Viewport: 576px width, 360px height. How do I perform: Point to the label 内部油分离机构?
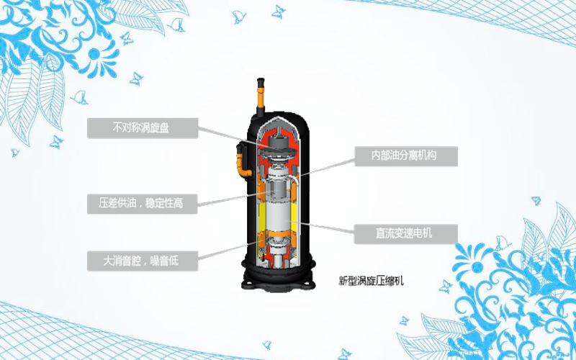pos(405,156)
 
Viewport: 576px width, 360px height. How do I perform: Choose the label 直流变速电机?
pos(405,233)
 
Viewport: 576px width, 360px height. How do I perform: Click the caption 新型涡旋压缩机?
pos(371,281)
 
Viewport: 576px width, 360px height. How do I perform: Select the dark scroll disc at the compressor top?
pos(276,145)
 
